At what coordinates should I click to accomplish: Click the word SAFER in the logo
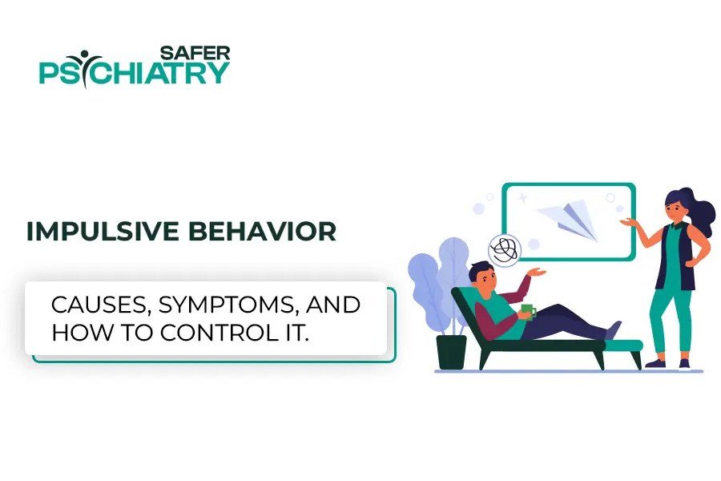pyautogui.click(x=195, y=53)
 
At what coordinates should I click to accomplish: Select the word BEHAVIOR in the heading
pyautogui.click(x=263, y=231)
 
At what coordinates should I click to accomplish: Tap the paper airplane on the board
pyautogui.click(x=569, y=219)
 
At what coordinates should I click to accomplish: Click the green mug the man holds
pyautogui.click(x=529, y=312)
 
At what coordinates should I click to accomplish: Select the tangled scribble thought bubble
pyautogui.click(x=505, y=250)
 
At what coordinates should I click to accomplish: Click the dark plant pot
pyautogui.click(x=451, y=352)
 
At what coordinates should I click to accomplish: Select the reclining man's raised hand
pyautogui.click(x=537, y=272)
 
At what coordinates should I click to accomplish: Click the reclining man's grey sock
pyautogui.click(x=613, y=330)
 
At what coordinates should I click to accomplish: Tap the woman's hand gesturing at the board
pyautogui.click(x=629, y=222)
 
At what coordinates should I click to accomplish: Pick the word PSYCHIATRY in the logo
pyautogui.click(x=135, y=71)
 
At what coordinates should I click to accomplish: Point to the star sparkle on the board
pyautogui.click(x=522, y=198)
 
